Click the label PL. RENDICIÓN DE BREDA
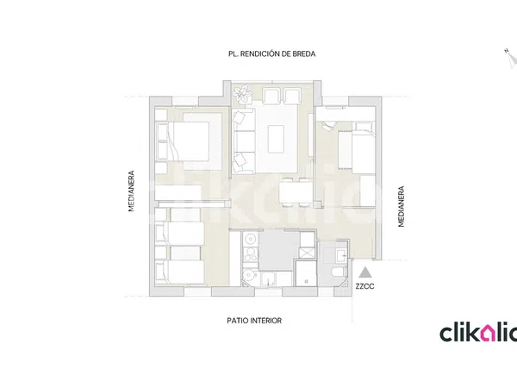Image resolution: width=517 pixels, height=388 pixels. [271, 53]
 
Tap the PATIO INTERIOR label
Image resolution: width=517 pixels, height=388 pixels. [254, 321]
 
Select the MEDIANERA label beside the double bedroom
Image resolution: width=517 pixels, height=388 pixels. [132, 191]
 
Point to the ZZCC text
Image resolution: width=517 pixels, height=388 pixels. [364, 286]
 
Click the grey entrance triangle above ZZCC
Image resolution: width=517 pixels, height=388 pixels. [364, 272]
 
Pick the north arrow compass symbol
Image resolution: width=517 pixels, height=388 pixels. [511, 59]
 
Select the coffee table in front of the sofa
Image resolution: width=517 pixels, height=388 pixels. [276, 139]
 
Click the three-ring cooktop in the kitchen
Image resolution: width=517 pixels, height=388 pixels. [250, 255]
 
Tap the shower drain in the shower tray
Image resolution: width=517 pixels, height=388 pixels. [306, 281]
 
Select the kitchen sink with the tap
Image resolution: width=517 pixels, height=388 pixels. [270, 278]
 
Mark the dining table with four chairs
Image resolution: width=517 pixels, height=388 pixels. [296, 192]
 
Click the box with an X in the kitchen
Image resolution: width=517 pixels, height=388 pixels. [307, 253]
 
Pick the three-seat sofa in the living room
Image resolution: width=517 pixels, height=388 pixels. [244, 141]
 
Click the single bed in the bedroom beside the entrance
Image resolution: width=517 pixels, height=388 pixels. [356, 147]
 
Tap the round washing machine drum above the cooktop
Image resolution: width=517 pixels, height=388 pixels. [251, 238]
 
